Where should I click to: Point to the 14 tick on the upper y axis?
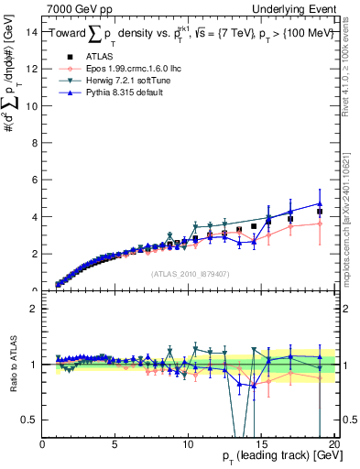pos(32,32)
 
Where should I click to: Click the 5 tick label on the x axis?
pos(115,445)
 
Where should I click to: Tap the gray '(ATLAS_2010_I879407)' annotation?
pos(188,272)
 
